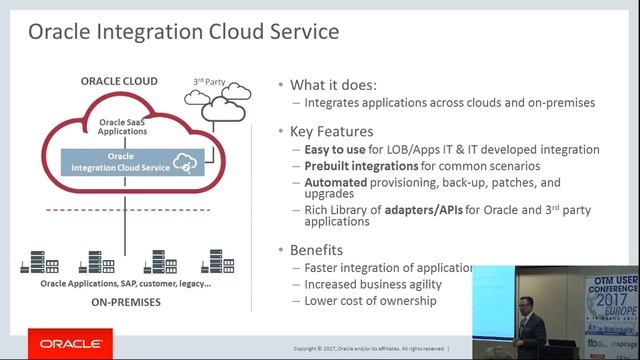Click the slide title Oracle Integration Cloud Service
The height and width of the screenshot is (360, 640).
point(183,32)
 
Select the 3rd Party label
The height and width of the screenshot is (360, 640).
point(208,80)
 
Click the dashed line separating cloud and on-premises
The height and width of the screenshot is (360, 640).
point(125,209)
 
